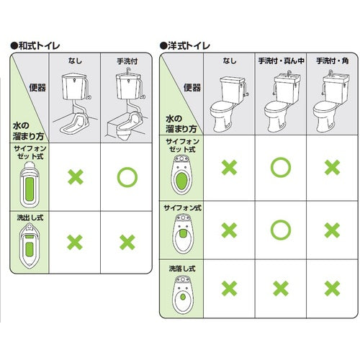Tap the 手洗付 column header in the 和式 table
pos(127,63)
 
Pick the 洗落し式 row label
pos(180,268)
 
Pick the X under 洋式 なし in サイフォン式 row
pos(229,230)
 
